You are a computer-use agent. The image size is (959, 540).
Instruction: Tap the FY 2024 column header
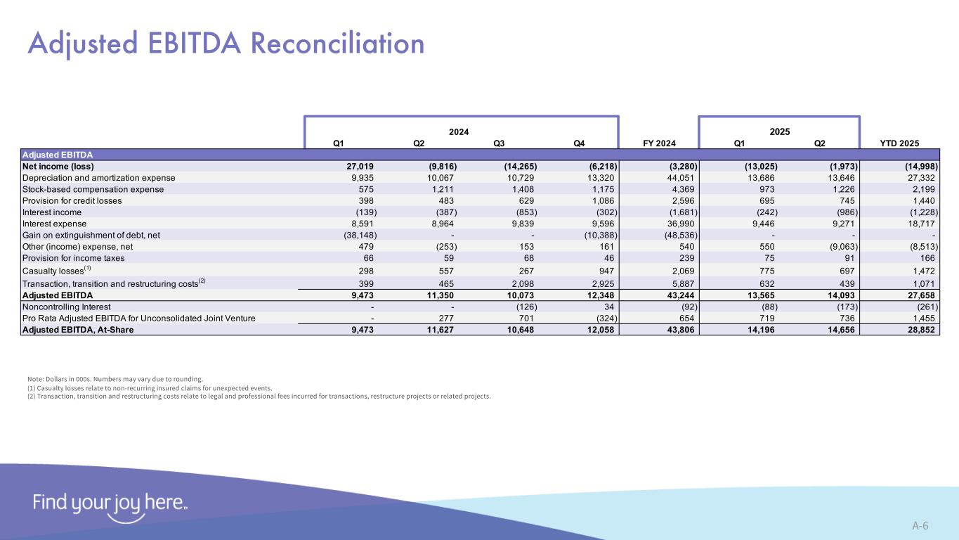click(659, 143)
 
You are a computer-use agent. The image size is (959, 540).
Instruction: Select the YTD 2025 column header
click(899, 143)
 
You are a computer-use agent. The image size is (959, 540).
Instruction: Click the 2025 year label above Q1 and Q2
click(780, 131)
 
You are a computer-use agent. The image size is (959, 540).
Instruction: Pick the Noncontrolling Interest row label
click(67, 307)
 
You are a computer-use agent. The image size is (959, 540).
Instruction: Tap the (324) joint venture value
click(602, 319)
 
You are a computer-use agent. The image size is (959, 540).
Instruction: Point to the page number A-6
click(920, 525)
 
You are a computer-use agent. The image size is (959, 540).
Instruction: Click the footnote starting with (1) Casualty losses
click(149, 387)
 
